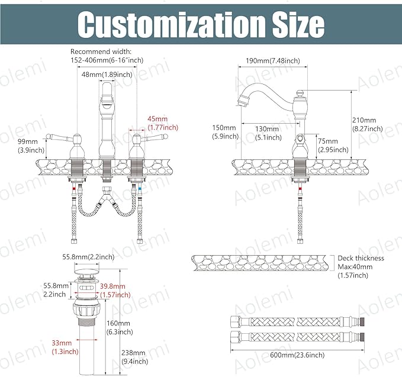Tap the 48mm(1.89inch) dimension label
[107, 75]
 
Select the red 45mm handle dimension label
[163, 123]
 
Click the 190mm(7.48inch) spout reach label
[273, 61]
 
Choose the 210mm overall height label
[367, 124]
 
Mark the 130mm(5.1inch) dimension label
[268, 133]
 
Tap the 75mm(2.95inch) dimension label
[333, 146]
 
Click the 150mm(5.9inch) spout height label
[225, 132]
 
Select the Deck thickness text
[361, 258]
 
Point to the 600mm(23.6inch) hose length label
[297, 355]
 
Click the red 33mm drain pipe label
[65, 347]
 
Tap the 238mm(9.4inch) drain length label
[134, 357]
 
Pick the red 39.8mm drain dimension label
[115, 291]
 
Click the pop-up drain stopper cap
[86, 270]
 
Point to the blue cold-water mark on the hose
[140, 190]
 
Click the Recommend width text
[101, 51]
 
